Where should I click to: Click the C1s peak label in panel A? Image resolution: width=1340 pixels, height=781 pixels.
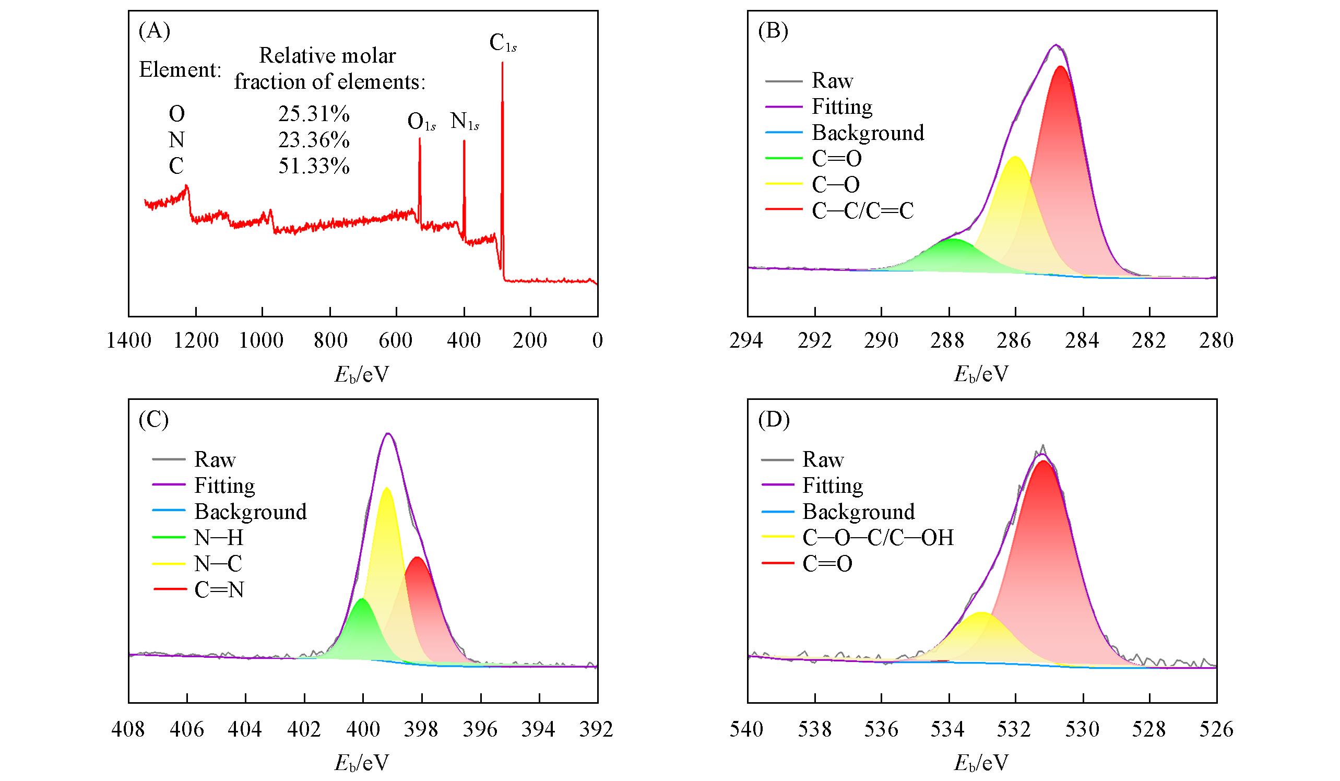(x=503, y=44)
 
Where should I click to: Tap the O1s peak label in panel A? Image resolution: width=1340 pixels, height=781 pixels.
(x=421, y=122)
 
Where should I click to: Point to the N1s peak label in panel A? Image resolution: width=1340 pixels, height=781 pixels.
(x=464, y=122)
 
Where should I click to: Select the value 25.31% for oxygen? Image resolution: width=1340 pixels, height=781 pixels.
(x=314, y=114)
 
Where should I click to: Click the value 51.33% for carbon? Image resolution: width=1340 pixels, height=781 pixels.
(x=314, y=167)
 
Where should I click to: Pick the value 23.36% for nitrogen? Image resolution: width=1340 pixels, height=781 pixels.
(x=314, y=140)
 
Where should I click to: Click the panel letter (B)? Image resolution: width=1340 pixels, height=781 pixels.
(x=773, y=31)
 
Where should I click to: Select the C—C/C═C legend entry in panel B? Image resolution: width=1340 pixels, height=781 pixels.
(x=862, y=211)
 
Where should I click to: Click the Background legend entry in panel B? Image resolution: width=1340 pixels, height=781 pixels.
(x=867, y=133)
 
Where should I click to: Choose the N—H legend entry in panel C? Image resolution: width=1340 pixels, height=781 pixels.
(x=219, y=538)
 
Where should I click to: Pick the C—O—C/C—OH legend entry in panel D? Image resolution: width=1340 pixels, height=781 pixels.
(x=877, y=538)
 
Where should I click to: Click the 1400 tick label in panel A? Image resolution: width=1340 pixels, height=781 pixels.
(x=129, y=341)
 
